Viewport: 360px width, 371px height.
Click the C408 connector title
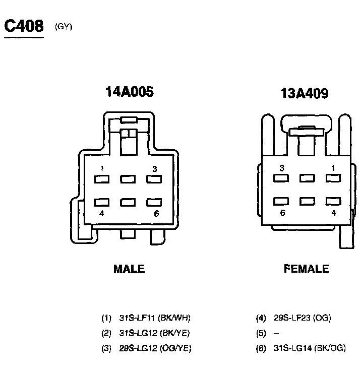click(24, 26)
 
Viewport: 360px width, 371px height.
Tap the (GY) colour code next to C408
click(64, 27)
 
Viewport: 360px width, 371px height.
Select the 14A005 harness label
click(130, 92)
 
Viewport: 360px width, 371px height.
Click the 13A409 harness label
click(305, 93)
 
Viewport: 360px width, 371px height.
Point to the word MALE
click(129, 269)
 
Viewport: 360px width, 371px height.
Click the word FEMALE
click(307, 269)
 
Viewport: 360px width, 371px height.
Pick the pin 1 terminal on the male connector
click(102, 179)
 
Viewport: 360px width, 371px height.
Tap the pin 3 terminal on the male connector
click(154, 179)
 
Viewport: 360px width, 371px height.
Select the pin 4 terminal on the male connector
click(102, 202)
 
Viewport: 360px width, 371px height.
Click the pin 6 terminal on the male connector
click(154, 202)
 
